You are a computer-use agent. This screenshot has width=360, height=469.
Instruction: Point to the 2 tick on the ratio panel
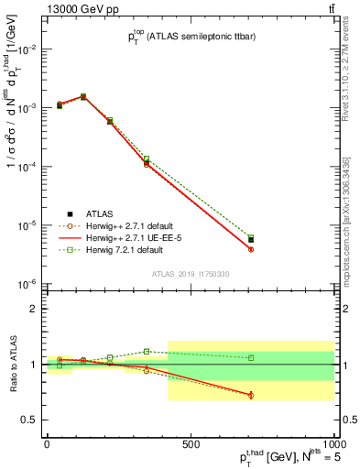[x=34, y=309]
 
